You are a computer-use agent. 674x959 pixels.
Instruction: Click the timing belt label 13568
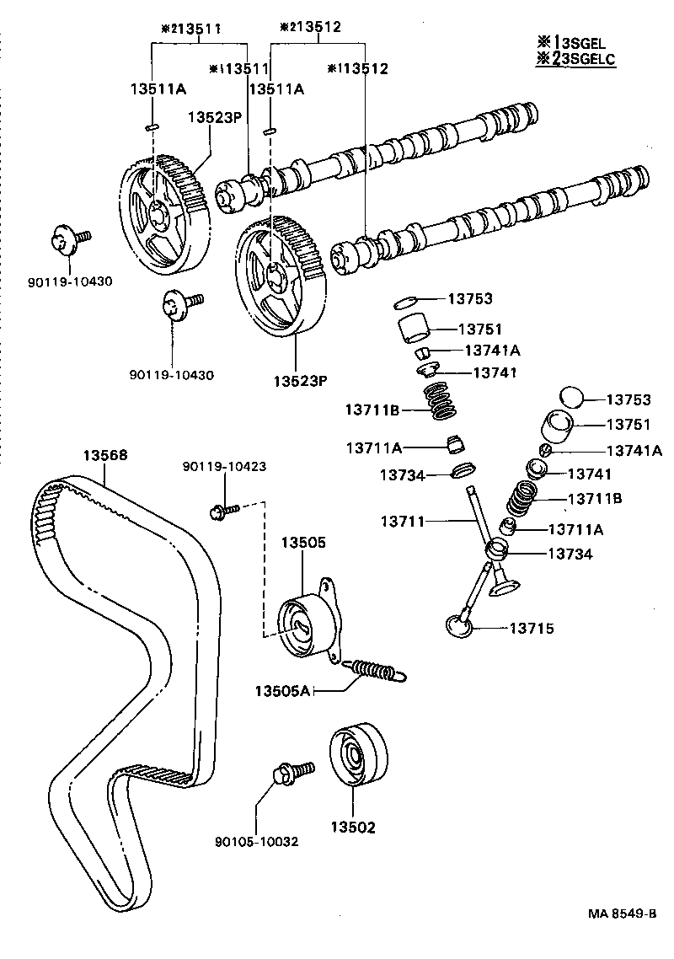click(104, 455)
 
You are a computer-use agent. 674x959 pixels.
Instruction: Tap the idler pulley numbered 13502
click(356, 756)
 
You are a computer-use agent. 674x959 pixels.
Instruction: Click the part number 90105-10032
click(258, 841)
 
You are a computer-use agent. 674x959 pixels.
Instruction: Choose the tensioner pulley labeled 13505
click(303, 624)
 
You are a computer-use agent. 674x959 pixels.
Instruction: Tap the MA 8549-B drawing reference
click(622, 914)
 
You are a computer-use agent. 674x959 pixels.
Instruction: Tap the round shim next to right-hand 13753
click(572, 396)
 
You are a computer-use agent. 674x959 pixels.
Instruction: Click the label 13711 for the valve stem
click(404, 522)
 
